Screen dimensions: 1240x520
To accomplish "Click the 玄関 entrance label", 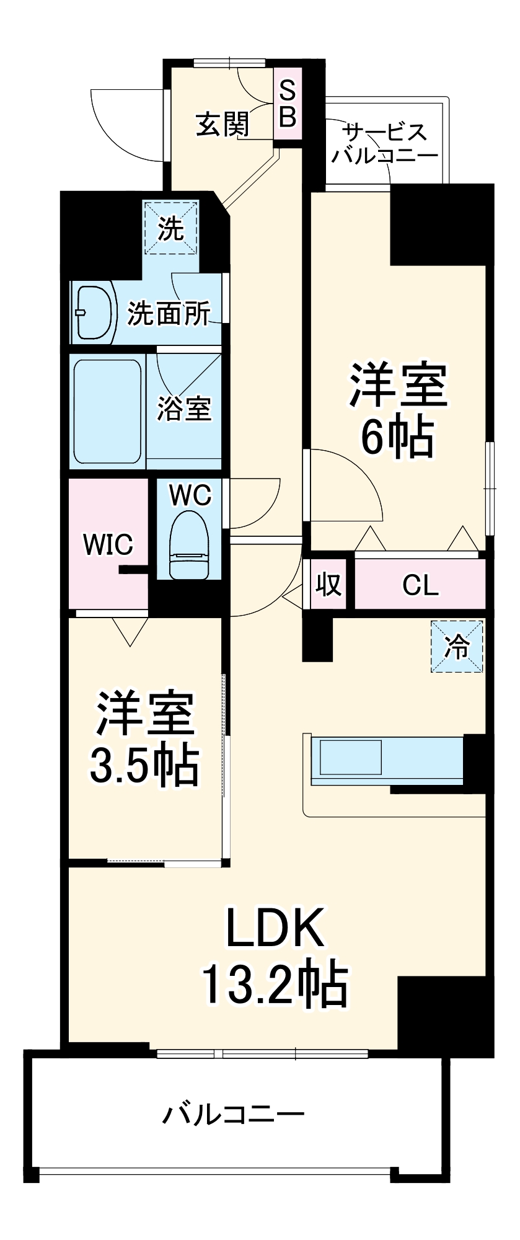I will [223, 124].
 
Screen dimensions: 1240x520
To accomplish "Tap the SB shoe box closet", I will [288, 105].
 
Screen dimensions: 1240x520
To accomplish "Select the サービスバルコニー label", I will [384, 143].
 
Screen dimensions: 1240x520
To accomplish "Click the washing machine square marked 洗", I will [171, 229].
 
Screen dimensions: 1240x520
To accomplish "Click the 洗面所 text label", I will [169, 314].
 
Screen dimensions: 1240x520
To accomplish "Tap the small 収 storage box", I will [328, 584].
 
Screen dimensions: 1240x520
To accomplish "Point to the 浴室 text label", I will [184, 409].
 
